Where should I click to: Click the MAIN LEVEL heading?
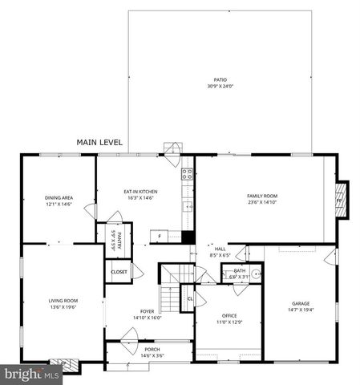100,142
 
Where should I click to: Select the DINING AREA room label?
59,197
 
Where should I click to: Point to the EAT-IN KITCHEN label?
140,192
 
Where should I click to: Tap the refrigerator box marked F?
159,237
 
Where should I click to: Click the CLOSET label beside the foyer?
119,272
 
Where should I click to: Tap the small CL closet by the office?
190,298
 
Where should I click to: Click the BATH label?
239,271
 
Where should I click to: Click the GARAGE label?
301,303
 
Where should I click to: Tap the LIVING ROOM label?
63,301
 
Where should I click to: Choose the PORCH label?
152,350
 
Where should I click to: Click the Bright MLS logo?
30,374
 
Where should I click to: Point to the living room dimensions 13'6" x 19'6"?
63,306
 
